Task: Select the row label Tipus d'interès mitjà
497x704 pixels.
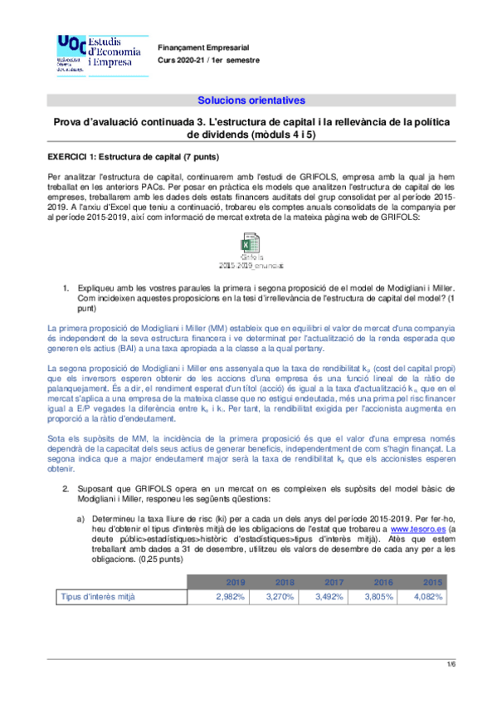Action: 98,596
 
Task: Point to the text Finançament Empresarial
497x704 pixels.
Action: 203,49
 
